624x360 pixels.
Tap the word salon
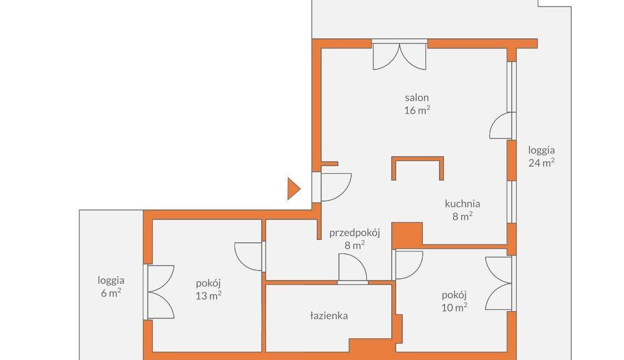coord(417,97)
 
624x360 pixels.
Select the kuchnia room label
coord(462,204)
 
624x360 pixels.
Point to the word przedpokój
coord(355,233)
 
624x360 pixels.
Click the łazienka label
coord(329,316)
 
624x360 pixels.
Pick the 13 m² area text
coord(208,296)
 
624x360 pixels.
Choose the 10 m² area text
coord(454,307)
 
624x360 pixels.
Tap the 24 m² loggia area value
coord(541,162)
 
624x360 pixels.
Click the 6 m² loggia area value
coord(111,293)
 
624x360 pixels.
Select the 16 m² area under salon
coord(417,110)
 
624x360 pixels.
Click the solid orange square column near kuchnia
coord(407,234)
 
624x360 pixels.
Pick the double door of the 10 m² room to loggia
coord(498,283)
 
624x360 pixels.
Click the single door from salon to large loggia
coord(501,126)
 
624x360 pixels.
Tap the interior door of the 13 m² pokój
coord(248,257)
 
